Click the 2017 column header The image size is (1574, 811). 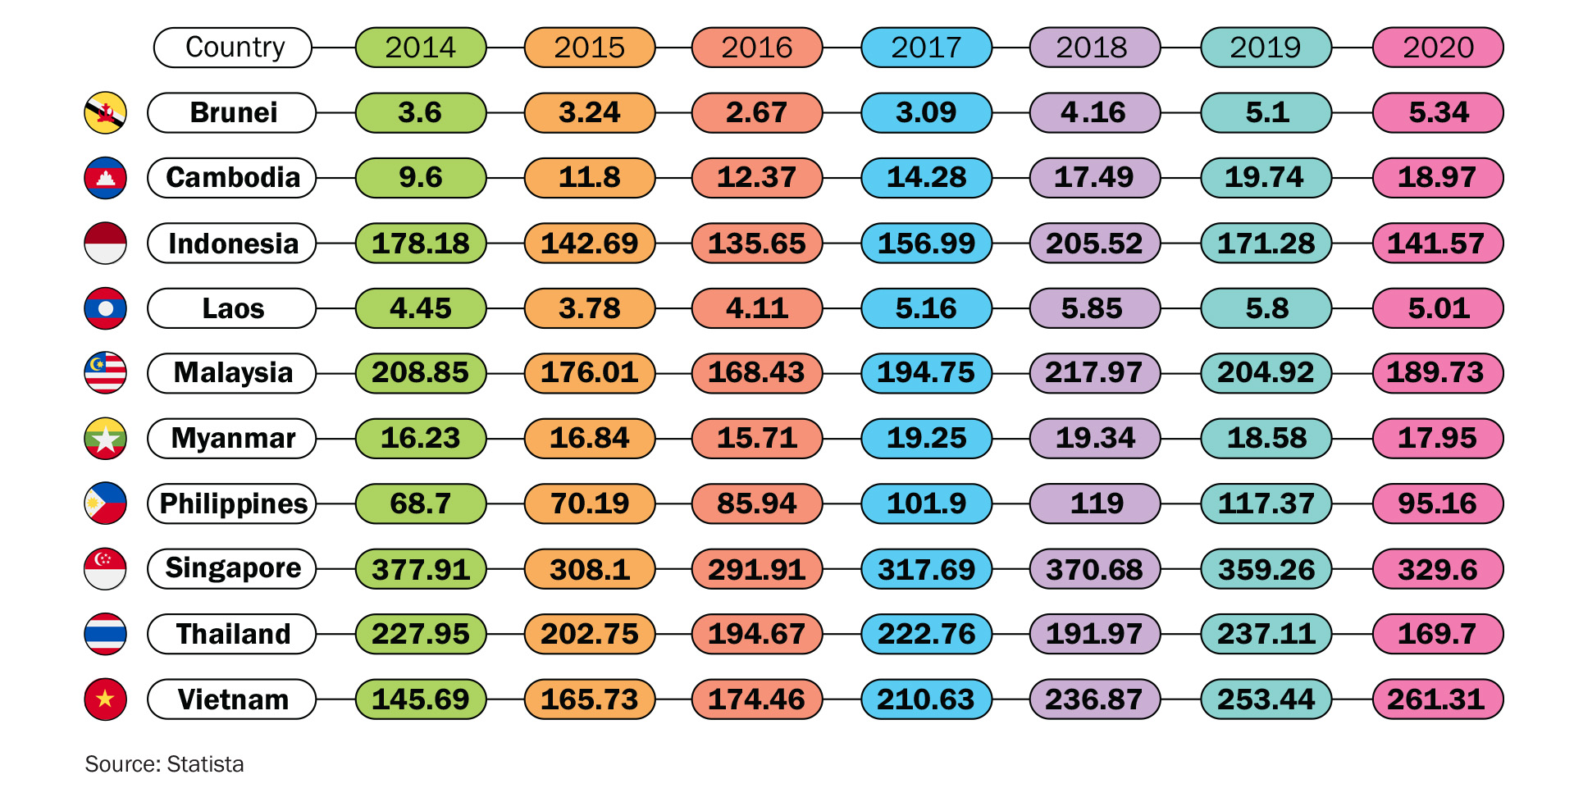[926, 48]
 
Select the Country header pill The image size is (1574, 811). [233, 48]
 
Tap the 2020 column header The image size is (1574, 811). [1438, 48]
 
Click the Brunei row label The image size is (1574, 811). [232, 112]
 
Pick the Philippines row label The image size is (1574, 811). [232, 503]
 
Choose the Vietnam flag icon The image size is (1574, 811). [106, 699]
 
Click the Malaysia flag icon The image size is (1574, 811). [106, 373]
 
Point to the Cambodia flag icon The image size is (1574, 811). [106, 178]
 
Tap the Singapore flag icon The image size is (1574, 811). [106, 569]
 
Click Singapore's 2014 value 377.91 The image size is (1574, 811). [421, 569]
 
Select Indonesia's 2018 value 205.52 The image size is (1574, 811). [1094, 244]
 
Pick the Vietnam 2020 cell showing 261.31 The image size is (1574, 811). [1438, 699]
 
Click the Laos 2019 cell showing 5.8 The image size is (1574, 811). [1266, 308]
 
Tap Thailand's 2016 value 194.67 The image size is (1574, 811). [756, 634]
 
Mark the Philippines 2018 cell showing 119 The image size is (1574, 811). [1094, 503]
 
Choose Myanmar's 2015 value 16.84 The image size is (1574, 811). [590, 438]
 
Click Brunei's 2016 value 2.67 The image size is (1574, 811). [756, 112]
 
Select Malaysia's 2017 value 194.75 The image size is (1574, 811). [926, 373]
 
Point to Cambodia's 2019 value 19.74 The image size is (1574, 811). [1266, 178]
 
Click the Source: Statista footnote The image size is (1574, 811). [164, 764]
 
